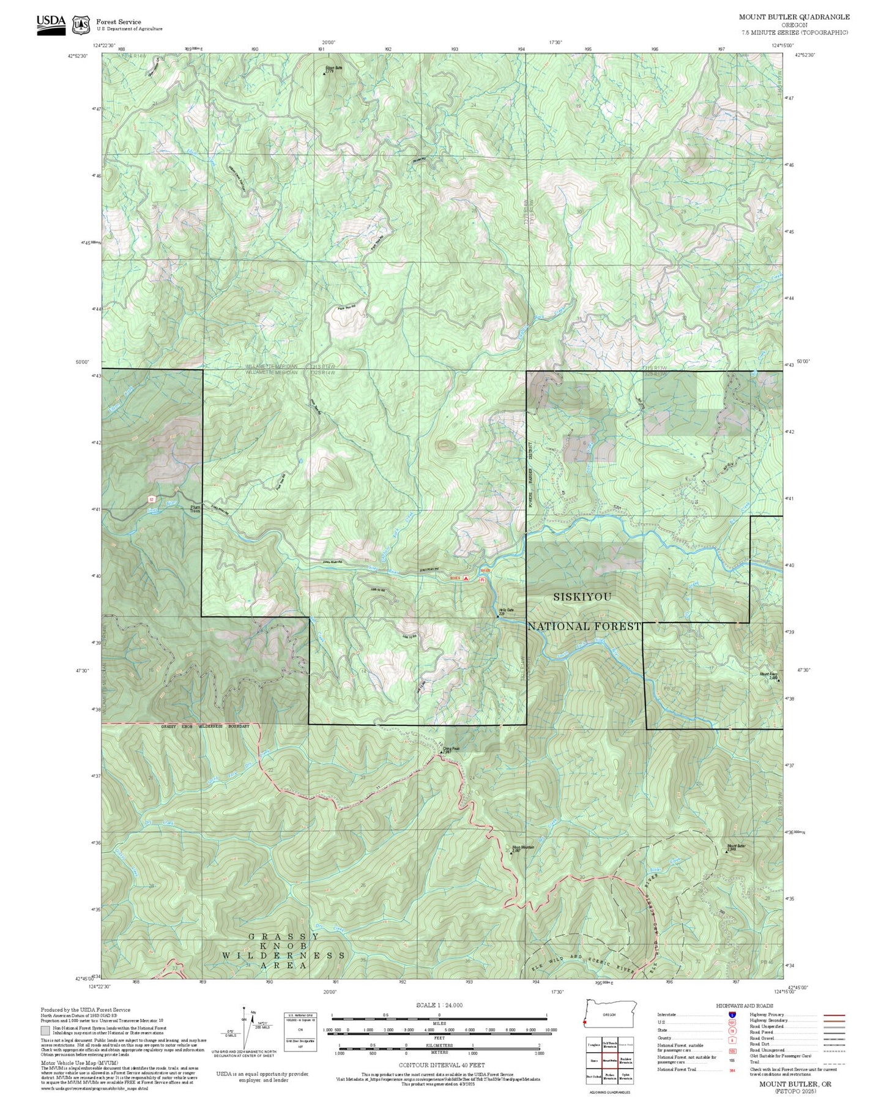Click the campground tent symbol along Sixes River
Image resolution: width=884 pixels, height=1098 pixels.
coord(466,578)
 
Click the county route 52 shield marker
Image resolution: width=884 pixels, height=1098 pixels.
coord(150,499)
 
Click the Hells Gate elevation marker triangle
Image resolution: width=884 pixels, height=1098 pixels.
coord(498,616)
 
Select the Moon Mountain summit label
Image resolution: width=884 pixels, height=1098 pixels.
coord(522,848)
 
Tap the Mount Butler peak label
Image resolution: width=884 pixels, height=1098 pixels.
coord(736,846)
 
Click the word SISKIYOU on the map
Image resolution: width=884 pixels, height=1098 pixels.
coord(582,597)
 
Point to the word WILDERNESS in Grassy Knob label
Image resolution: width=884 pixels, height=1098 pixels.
coord(283,955)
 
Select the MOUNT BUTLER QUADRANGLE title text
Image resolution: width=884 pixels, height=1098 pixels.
coord(794,17)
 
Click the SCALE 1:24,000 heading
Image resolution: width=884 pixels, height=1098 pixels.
coord(439,1005)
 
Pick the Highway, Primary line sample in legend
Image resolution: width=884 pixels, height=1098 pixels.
coord(834,1015)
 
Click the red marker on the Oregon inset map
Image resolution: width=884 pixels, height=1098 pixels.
coord(585,1023)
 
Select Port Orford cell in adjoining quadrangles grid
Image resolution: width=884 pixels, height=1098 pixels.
coord(593,1076)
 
